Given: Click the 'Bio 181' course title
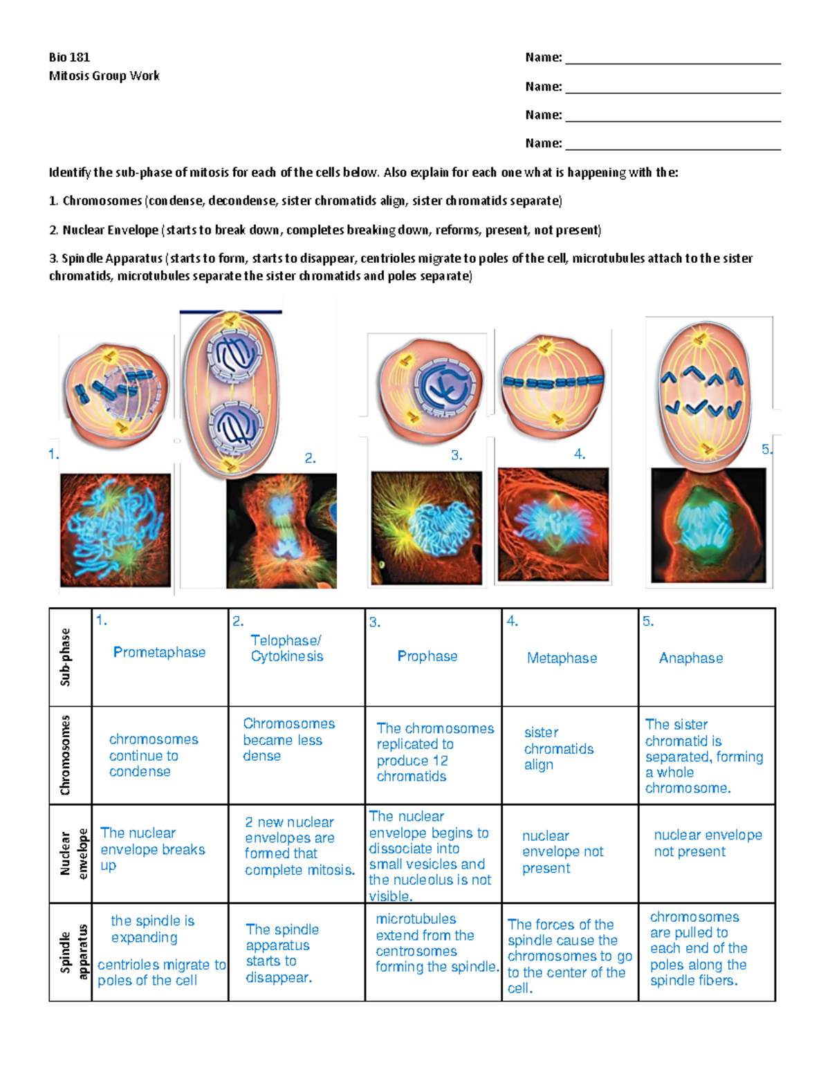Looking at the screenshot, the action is pos(69,57).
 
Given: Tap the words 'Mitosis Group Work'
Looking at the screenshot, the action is pos(104,76).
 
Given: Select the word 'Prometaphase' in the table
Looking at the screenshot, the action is pos(159,652).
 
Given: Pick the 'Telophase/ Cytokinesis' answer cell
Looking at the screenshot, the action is pos(286,649).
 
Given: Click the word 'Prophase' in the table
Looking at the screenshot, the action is pos(427,656).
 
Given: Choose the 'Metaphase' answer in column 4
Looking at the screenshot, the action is pos(562,658).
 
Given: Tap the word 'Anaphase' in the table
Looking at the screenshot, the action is pos(690,658).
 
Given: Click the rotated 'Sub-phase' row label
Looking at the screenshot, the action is pos(66,657).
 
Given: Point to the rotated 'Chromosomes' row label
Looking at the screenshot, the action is pos(66,755).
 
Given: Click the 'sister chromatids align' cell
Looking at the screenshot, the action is pos(558,748).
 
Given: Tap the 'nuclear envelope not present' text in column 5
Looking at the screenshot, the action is pos(707,843).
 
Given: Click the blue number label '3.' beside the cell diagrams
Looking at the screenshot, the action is pos(456,455).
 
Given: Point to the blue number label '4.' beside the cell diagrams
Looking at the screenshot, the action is pos(580,454).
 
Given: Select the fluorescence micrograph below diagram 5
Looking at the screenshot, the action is pos(708,526).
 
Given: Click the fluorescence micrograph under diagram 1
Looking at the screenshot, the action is pos(116,530).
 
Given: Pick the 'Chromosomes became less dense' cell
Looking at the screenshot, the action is pos(288,739).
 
